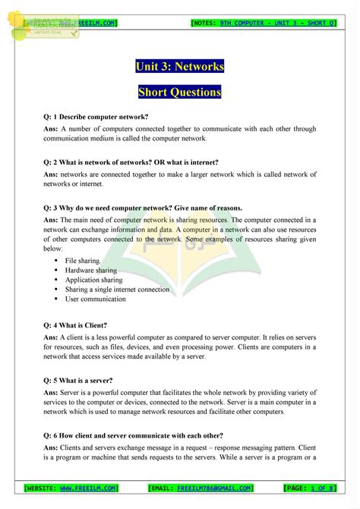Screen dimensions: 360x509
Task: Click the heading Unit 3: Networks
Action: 180,67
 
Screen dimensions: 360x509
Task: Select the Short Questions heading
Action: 180,93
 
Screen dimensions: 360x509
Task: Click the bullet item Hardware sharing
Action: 90,270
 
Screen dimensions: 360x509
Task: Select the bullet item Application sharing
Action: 93,280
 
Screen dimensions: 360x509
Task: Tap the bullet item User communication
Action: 95,299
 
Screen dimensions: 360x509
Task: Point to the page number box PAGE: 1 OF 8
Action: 309,488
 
